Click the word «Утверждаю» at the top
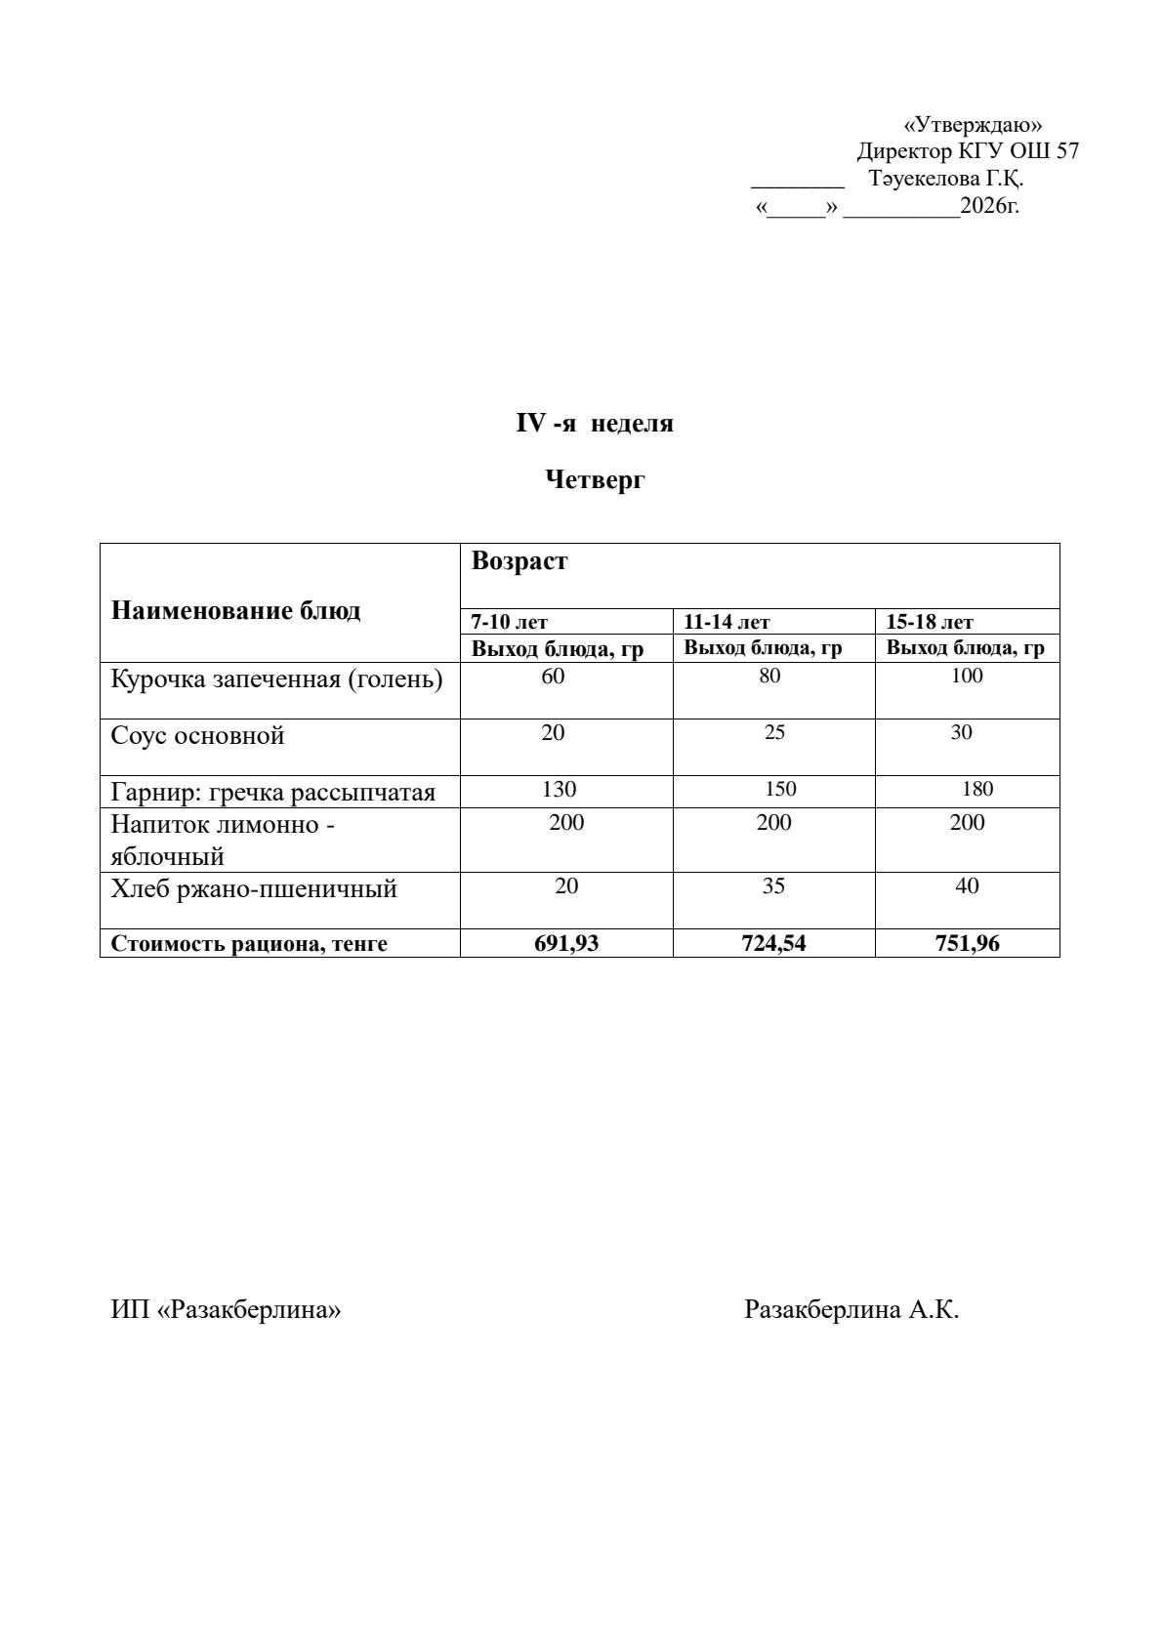(x=973, y=125)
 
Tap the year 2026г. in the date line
(x=989, y=206)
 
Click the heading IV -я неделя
(x=595, y=424)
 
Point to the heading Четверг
(x=595, y=479)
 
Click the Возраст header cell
(x=519, y=561)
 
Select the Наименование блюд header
(x=235, y=611)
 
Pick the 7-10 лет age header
(x=509, y=622)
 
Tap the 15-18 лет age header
(x=929, y=622)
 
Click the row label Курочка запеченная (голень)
(x=276, y=678)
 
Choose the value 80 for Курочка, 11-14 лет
(x=769, y=676)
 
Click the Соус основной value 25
(x=774, y=732)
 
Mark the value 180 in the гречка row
(x=976, y=789)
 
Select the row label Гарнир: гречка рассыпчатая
(x=272, y=792)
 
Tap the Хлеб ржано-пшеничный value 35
(x=773, y=886)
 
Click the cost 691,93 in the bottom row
(x=566, y=943)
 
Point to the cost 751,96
(x=967, y=943)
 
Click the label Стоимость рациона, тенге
(x=249, y=944)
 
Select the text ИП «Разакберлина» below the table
(x=226, y=1309)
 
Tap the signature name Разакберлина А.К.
(x=851, y=1309)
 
